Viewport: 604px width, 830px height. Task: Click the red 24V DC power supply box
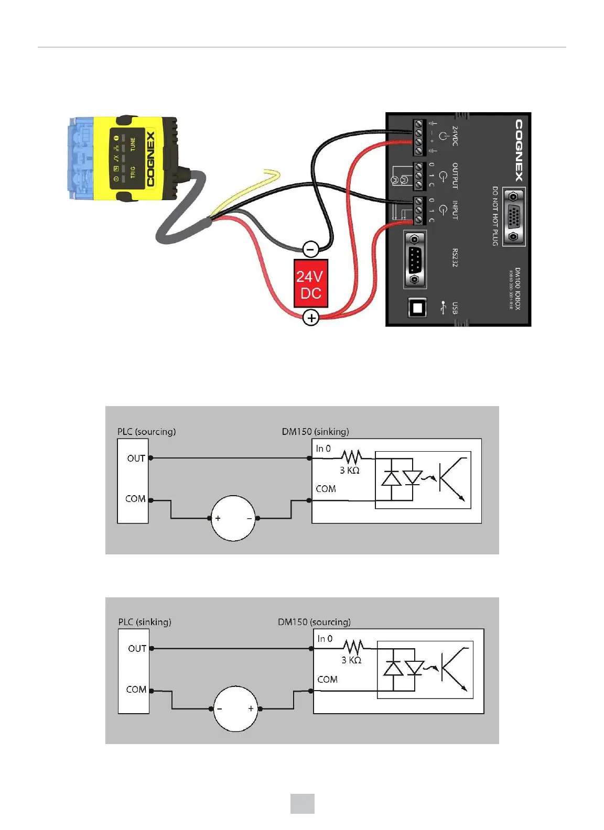point(310,283)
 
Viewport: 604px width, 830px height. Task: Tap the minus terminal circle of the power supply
point(310,249)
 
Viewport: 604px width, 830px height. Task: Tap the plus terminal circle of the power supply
point(311,318)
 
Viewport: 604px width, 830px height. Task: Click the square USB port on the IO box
point(417,308)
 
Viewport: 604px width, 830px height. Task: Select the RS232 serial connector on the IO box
point(415,259)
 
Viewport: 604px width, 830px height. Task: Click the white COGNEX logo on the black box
point(518,150)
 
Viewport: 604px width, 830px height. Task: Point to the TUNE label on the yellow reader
point(133,144)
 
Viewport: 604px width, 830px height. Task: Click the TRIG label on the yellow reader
point(133,172)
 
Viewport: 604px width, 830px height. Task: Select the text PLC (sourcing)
point(146,432)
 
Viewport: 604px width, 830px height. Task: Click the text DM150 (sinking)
point(315,432)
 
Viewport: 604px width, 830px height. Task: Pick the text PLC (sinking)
point(145,622)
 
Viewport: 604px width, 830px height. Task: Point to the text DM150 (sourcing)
point(314,622)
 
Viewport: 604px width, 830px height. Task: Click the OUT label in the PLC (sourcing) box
point(136,458)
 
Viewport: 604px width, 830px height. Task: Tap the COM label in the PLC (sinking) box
point(136,690)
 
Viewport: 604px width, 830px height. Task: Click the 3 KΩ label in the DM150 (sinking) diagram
point(349,471)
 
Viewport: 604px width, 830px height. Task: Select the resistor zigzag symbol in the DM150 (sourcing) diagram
point(353,647)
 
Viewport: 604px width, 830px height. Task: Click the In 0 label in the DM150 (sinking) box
point(323,449)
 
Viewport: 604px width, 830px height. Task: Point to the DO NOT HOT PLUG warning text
point(494,216)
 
